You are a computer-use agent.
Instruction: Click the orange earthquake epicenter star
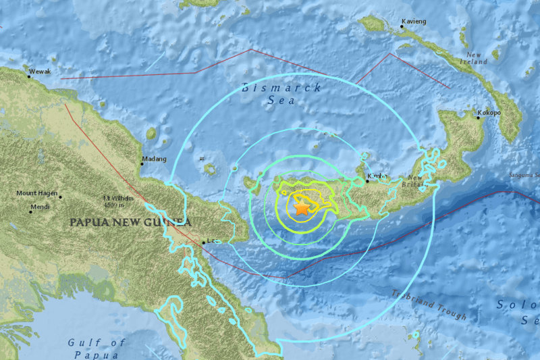point(302,209)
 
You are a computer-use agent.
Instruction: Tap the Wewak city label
point(40,70)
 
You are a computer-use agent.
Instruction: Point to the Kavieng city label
point(414,22)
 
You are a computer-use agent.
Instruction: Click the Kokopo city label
point(489,113)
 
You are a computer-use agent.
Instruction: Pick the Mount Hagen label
point(36,194)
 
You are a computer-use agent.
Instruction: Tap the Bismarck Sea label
point(282,94)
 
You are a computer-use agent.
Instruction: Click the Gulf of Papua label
point(97,348)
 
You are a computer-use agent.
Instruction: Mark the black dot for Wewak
point(30,76)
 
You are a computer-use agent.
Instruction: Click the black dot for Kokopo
point(479,118)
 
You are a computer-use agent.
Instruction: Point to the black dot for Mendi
point(30,211)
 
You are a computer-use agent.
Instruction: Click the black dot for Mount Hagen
point(60,197)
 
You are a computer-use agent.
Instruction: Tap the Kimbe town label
point(377,176)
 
